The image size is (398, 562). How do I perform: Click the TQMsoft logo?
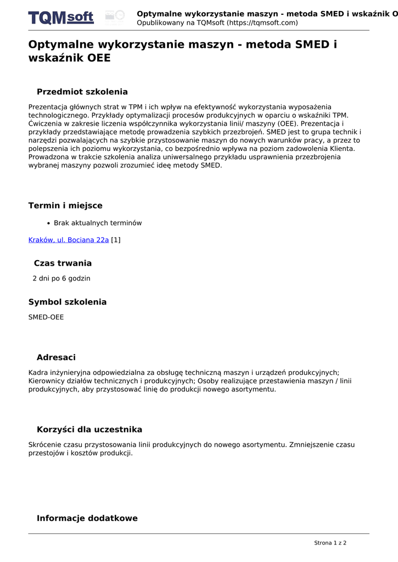61,18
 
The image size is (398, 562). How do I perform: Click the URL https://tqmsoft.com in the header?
262,23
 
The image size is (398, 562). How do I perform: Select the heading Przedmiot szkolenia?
82,92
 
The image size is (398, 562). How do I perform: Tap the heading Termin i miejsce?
65,206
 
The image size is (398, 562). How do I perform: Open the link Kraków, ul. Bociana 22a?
69,240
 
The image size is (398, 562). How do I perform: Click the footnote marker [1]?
116,240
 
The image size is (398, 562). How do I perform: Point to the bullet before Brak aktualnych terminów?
49,223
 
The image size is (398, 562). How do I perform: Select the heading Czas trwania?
63,263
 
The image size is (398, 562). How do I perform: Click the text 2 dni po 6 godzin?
61,278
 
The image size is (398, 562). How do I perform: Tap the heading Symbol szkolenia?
68,302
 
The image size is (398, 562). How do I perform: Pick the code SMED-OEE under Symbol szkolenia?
46,317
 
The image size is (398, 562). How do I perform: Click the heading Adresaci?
56,358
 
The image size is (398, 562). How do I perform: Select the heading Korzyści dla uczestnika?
89,430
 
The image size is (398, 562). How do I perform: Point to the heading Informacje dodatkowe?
87,519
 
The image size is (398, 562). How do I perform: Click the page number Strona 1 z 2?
330,543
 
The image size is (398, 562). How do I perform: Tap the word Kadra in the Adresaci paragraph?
38,372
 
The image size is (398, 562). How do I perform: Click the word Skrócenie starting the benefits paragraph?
46,445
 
